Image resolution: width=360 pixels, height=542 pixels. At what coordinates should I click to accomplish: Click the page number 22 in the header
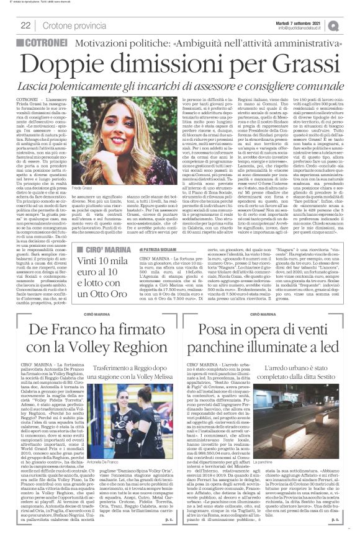tap(26, 25)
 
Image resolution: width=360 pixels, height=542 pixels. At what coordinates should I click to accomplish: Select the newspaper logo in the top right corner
tap(351, 25)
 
